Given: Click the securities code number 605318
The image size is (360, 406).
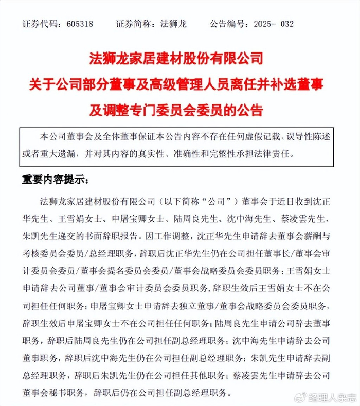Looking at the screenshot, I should pos(77,24).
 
